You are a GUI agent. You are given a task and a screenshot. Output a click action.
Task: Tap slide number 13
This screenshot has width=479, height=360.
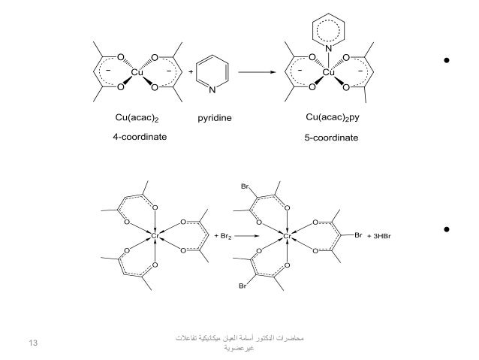32,343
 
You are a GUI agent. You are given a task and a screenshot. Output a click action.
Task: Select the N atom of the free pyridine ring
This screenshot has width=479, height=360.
213,91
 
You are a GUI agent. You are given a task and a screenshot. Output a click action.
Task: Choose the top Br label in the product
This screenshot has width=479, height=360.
245,185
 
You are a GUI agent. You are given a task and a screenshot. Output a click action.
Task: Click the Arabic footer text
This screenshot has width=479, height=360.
241,345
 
